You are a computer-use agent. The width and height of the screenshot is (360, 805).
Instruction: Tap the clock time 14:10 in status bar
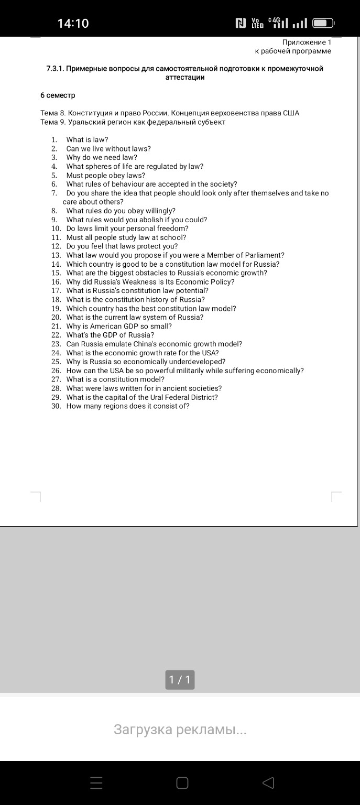73,23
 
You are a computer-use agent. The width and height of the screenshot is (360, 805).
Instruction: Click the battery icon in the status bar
323,23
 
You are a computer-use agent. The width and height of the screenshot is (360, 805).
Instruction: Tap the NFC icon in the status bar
241,23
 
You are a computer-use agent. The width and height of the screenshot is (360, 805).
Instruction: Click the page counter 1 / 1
180,680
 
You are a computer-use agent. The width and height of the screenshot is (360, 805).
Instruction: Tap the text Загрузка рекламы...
180,730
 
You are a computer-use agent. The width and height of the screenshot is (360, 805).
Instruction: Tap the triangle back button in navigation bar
268,783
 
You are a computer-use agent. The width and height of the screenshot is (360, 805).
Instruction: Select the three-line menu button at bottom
96,783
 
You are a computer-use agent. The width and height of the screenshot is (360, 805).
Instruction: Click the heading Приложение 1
307,42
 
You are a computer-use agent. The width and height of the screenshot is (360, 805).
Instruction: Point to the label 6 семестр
58,95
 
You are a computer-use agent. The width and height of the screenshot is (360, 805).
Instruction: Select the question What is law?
87,139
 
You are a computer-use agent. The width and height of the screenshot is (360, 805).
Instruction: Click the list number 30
56,406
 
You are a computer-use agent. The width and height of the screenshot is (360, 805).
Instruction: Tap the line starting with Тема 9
133,122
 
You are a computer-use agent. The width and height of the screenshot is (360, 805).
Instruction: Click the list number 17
56,290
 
